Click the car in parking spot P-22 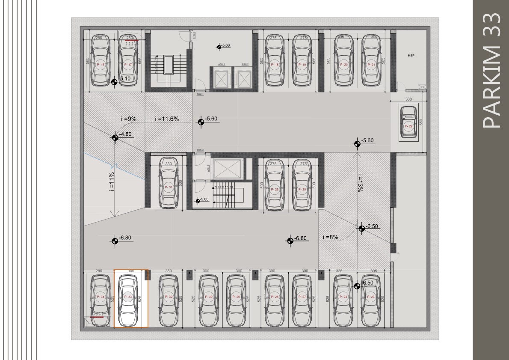pyautogui.click(x=408, y=123)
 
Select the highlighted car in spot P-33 pyautogui.click(x=128, y=299)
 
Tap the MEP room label pyautogui.click(x=411, y=56)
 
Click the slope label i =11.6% pyautogui.click(x=167, y=119)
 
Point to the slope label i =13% pyautogui.click(x=361, y=182)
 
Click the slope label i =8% pyautogui.click(x=331, y=237)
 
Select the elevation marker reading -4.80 pyautogui.click(x=115, y=137)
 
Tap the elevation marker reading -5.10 pyautogui.click(x=114, y=82)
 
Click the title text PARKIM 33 pyautogui.click(x=491, y=71)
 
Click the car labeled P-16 pyautogui.click(x=101, y=61)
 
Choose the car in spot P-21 pyautogui.click(x=371, y=61)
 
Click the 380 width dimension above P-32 pyautogui.click(x=168, y=271)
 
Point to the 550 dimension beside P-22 pyautogui.click(x=421, y=122)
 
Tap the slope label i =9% pyautogui.click(x=128, y=119)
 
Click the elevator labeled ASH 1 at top pyautogui.click(x=222, y=77)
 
